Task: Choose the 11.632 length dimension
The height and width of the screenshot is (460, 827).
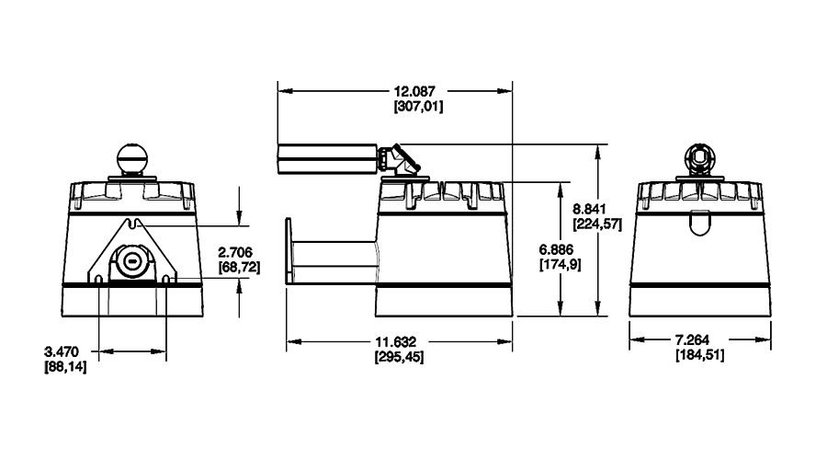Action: pos(400,341)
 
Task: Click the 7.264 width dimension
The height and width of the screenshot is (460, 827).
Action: pos(700,341)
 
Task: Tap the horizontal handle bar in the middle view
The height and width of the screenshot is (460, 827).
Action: pos(326,157)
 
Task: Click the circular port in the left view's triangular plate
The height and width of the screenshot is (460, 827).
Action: pos(133,260)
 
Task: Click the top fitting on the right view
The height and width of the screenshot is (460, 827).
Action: pos(699,157)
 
